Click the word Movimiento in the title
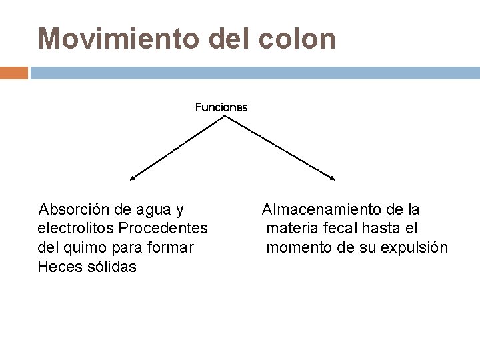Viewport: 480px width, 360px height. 118,39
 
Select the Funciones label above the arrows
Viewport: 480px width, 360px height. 221,107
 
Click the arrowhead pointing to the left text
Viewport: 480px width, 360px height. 133,178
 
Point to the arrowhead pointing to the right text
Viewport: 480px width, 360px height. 333,178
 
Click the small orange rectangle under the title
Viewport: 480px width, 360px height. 13,72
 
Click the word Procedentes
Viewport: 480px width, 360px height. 163,229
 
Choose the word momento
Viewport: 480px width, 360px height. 298,247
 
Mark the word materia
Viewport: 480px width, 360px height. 291,229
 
